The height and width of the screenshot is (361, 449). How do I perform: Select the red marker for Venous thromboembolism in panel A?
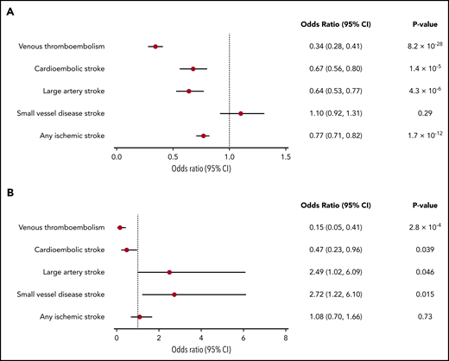[x=155, y=46]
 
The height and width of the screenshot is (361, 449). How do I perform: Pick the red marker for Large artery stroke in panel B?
[x=169, y=272]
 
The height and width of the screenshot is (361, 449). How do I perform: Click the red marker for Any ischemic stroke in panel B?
[x=140, y=317]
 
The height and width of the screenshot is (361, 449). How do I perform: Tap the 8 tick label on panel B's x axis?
[x=286, y=338]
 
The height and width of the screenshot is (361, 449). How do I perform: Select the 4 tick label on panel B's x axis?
[x=201, y=338]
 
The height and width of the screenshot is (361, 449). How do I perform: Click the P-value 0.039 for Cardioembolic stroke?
[x=408, y=250]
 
